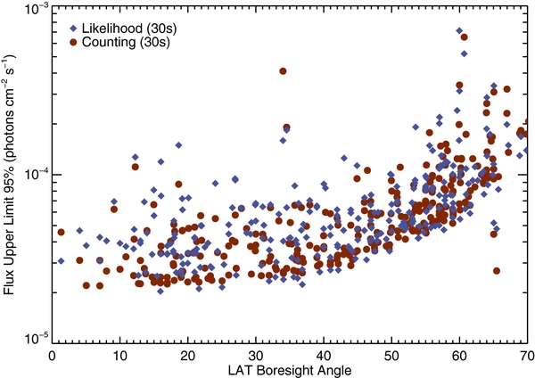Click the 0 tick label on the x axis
[x=52, y=354]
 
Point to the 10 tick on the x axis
[x=119, y=354]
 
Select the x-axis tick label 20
[x=187, y=354]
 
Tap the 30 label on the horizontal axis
[x=255, y=354]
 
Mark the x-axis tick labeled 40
[x=323, y=354]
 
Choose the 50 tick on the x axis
[x=391, y=354]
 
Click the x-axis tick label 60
[x=458, y=354]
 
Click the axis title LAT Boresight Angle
[x=288, y=368]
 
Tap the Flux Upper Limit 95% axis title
[x=11, y=174]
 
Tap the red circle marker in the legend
[x=70, y=41]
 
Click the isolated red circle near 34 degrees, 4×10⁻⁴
[x=283, y=71]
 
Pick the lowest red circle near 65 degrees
[x=497, y=271]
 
